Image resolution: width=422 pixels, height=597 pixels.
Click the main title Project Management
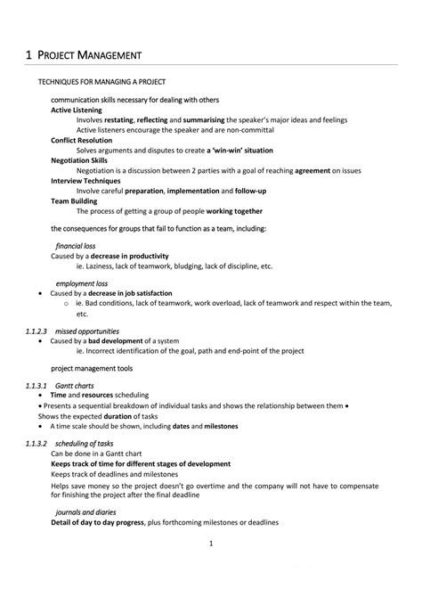[x=84, y=56]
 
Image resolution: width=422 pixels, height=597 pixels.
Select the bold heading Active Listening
[x=77, y=110]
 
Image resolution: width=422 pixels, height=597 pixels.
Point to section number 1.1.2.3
[x=42, y=331]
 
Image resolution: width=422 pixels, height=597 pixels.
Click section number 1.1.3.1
[x=42, y=385]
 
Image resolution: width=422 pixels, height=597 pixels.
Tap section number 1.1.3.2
[x=42, y=443]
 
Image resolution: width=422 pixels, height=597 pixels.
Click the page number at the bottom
[x=210, y=568]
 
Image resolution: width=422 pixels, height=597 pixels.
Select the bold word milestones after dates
[x=221, y=426]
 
